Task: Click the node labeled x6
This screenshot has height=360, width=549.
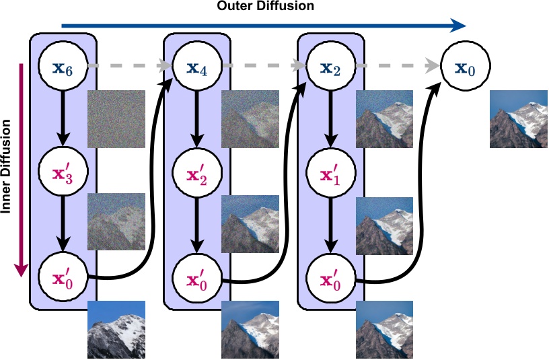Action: coord(63,67)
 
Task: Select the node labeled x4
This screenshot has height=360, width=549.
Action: coord(196,67)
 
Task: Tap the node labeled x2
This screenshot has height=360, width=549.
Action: coord(330,67)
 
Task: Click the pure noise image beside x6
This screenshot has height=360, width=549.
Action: coord(116,119)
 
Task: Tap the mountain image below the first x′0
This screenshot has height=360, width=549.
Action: coord(116,329)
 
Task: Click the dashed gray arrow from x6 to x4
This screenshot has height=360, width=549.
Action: coord(128,67)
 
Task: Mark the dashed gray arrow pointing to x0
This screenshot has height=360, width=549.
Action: coord(397,67)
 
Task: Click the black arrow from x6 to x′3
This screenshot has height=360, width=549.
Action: coord(63,118)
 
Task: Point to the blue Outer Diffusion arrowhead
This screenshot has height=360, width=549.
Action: coord(459,26)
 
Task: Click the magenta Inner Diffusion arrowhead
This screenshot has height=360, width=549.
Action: coord(22,268)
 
